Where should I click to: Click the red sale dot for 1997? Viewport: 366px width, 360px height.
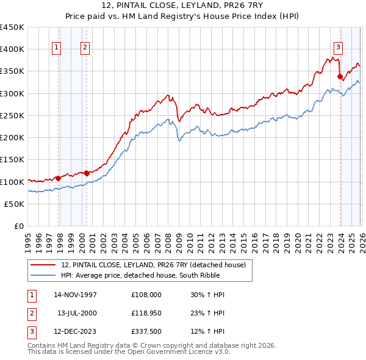(x=59, y=178)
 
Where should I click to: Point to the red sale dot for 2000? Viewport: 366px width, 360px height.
(x=87, y=173)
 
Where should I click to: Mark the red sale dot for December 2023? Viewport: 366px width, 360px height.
(x=340, y=76)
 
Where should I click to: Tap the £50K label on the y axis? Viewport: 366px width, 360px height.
(x=14, y=204)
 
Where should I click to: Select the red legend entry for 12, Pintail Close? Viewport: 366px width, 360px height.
(x=152, y=265)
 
